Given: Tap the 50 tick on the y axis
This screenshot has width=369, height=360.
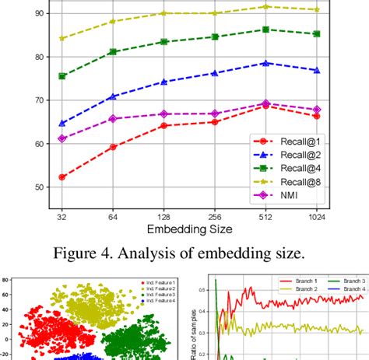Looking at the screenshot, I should point(38,187).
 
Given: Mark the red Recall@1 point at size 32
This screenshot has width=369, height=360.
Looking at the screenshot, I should point(61,177).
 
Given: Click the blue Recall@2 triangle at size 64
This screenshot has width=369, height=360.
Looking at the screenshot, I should point(113,96).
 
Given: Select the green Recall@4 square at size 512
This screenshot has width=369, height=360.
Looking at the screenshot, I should point(265,30).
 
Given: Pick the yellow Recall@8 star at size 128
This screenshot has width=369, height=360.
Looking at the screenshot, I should point(163,13).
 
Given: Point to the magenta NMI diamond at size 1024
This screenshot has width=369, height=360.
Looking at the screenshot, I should point(315,110).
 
